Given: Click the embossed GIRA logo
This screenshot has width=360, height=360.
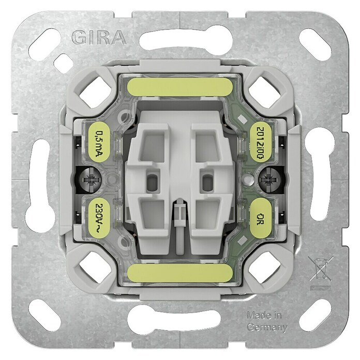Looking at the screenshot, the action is pos(99,38).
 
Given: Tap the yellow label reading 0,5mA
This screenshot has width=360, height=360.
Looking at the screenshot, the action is pos(99,142).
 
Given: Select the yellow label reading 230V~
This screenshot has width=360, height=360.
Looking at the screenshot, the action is pos(99,218).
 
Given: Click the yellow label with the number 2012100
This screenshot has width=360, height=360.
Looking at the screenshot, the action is pos(260,142).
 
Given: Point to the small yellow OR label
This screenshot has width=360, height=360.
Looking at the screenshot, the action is pos(260,218).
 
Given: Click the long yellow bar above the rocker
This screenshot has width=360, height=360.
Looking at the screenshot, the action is pos(180,87).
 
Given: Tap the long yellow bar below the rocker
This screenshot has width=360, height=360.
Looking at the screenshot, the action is pos(180,273).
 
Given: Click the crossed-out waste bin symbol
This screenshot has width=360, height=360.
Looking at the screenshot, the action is pos(321,269).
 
